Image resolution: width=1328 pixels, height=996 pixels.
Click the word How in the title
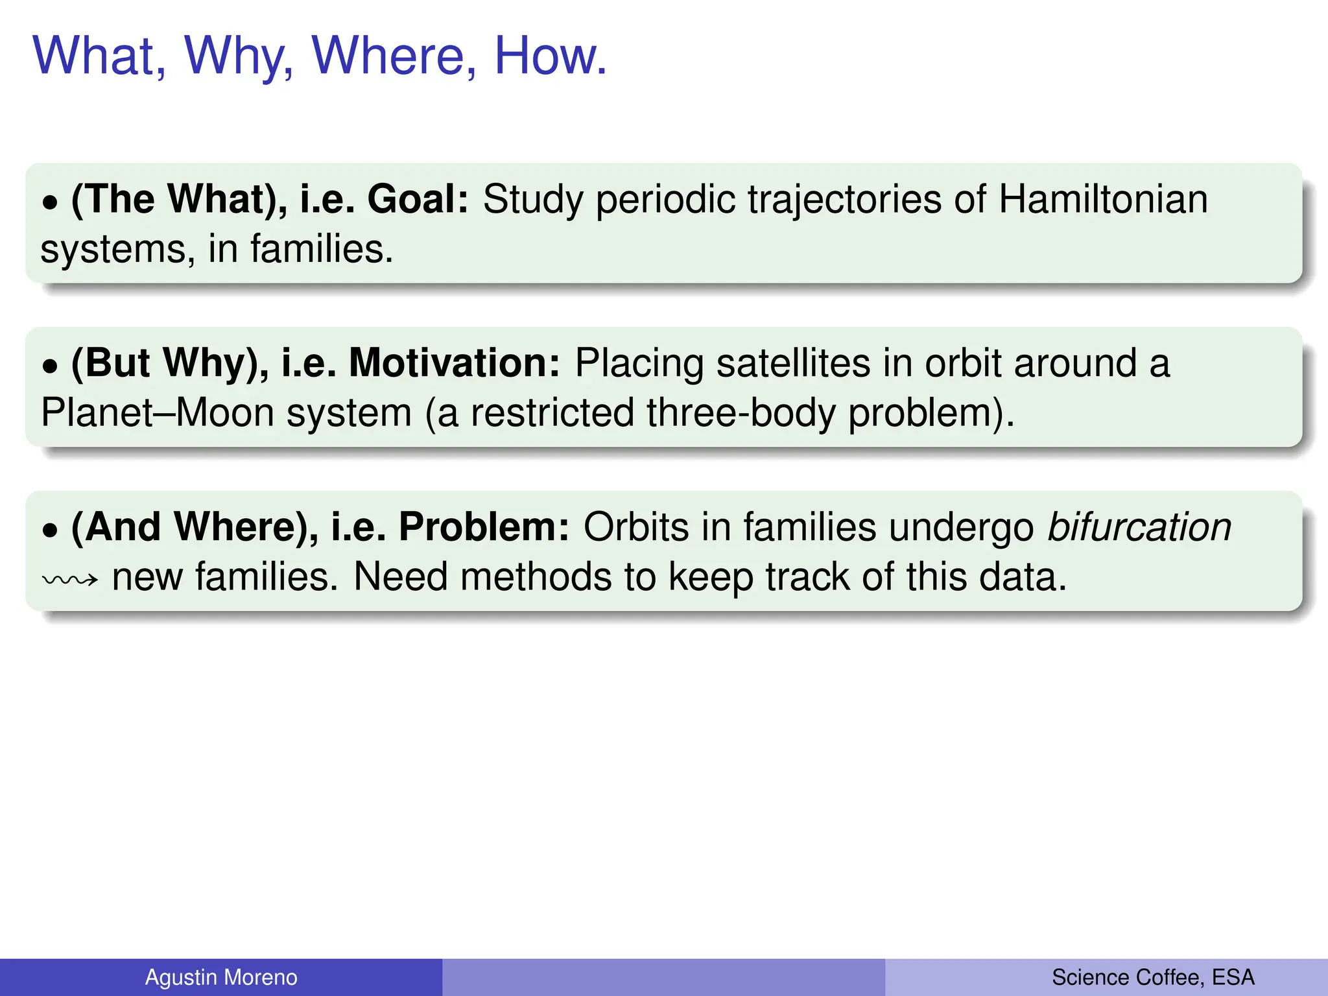click(x=550, y=56)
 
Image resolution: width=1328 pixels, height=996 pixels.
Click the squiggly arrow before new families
click(x=70, y=579)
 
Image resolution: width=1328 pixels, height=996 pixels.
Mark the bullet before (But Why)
click(x=50, y=367)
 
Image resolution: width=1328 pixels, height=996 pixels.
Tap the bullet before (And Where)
click(x=50, y=531)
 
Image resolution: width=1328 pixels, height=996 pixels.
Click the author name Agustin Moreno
click(x=220, y=977)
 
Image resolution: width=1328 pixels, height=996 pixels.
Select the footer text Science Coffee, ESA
click(x=1152, y=977)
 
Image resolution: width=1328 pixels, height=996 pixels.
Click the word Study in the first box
click(x=533, y=200)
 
